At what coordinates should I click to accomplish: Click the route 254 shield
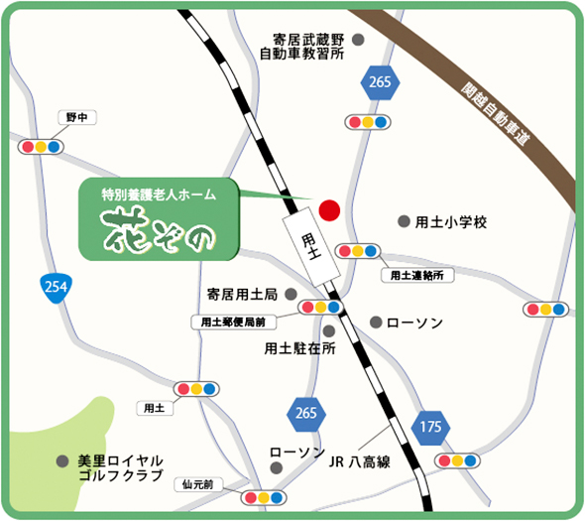(57, 288)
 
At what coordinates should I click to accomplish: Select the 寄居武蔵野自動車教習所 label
(301, 47)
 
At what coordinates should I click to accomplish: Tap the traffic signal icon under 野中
(42, 146)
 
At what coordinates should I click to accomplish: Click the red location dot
(329, 210)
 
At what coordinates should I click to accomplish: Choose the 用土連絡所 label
(422, 274)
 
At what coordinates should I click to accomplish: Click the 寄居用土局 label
(243, 295)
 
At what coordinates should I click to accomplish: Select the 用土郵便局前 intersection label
(233, 322)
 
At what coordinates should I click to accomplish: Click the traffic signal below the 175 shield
(458, 460)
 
